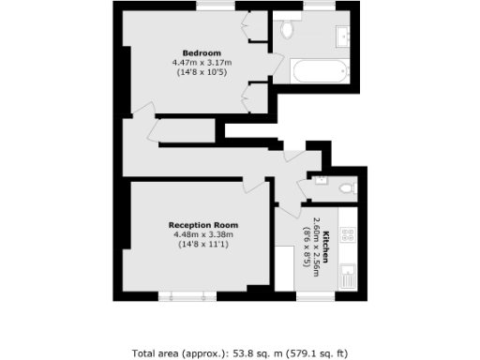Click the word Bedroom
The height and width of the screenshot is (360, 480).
coord(202,52)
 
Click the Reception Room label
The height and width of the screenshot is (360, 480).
coord(202,225)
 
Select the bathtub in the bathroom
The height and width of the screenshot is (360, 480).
coord(320,70)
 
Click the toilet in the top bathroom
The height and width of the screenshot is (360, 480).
coord(288,31)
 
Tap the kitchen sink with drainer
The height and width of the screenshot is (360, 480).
coord(348,275)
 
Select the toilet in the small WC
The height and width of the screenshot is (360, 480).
coord(348,187)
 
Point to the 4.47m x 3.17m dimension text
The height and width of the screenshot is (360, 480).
coord(202,63)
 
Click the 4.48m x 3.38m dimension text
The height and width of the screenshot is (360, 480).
coord(202,235)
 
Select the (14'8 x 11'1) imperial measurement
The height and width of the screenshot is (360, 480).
coord(202,246)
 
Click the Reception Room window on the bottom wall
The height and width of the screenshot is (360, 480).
coord(184,296)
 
